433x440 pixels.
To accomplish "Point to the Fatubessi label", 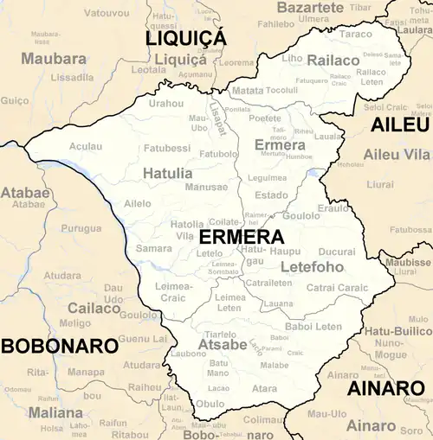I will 167,148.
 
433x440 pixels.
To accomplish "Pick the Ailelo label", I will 137,203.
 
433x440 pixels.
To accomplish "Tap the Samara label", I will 154,248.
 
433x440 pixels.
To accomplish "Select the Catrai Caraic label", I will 338,287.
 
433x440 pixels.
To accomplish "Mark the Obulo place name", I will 210,404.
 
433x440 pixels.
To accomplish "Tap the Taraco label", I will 356,35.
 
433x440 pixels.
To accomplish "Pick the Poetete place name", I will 265,118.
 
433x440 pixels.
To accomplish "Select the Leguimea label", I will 267,177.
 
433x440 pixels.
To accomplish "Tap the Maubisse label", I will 408,262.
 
